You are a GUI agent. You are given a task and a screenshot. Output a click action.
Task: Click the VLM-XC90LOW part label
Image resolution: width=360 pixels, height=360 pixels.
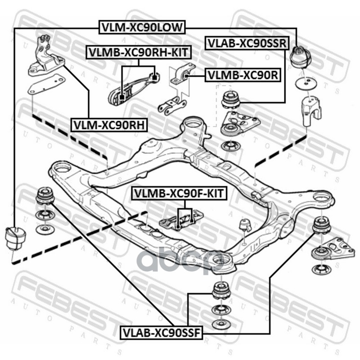tap(141, 27)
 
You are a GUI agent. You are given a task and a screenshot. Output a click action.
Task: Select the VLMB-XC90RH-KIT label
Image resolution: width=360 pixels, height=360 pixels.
tap(138, 53)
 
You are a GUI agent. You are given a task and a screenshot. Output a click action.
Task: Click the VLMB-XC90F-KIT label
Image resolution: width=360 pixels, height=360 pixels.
tap(180, 194)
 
